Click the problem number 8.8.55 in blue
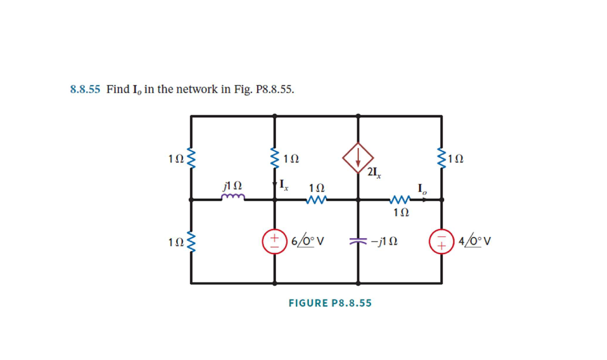(85, 89)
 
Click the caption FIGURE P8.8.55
(330, 303)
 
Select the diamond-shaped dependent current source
(358, 158)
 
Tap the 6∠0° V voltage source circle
(275, 241)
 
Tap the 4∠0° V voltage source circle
(441, 241)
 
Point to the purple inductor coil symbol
(233, 197)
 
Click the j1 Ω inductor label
(232, 185)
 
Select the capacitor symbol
(358, 242)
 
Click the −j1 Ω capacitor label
(383, 242)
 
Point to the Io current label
(422, 188)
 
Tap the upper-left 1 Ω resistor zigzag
(191, 158)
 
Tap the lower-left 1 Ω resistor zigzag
(191, 242)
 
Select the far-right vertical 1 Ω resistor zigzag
(441, 158)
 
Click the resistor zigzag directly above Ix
(275, 158)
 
